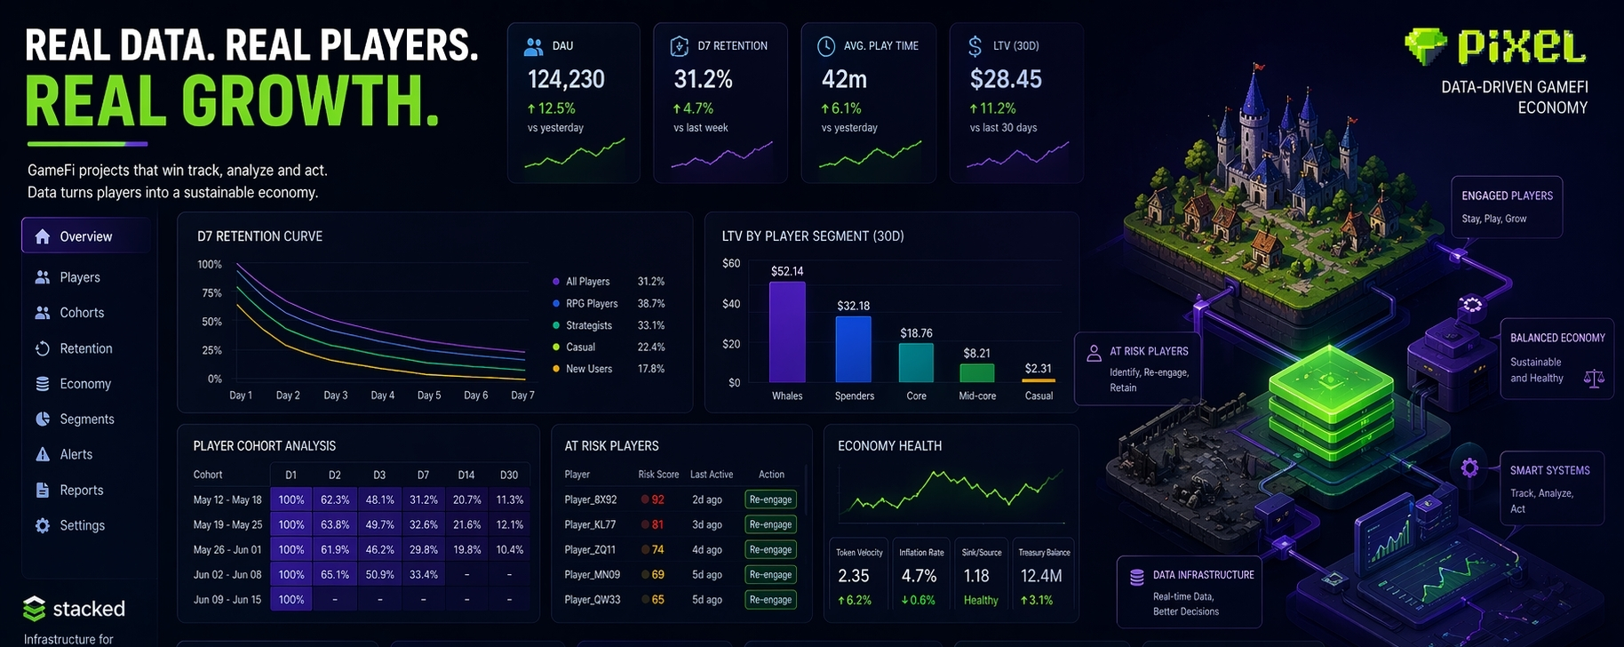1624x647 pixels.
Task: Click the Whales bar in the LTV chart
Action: [x=787, y=331]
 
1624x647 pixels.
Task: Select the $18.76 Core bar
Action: [x=916, y=363]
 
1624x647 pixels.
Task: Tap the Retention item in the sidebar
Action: [x=85, y=348]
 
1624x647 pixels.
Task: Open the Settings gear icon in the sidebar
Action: [x=43, y=525]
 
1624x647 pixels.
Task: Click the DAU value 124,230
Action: [x=566, y=79]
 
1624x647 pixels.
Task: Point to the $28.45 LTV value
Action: [x=1006, y=79]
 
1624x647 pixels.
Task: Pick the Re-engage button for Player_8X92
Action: [x=770, y=499]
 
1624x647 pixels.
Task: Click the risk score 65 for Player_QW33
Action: [x=657, y=600]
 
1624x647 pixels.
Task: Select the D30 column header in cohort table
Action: [x=509, y=475]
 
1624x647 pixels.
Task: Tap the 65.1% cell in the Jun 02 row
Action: [x=335, y=575]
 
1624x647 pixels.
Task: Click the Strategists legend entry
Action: [x=589, y=325]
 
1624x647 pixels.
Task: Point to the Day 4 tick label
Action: [x=383, y=395]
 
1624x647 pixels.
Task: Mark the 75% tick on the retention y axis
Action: [x=211, y=293]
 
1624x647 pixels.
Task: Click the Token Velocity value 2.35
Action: [x=854, y=576]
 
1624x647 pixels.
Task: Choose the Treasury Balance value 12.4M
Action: [x=1041, y=576]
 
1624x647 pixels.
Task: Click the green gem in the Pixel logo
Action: [x=1425, y=46]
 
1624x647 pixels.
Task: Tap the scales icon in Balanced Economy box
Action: [x=1594, y=379]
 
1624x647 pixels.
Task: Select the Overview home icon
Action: [x=43, y=236]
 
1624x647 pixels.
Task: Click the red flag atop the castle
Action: [x=1258, y=66]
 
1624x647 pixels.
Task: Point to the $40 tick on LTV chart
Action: [x=731, y=304]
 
